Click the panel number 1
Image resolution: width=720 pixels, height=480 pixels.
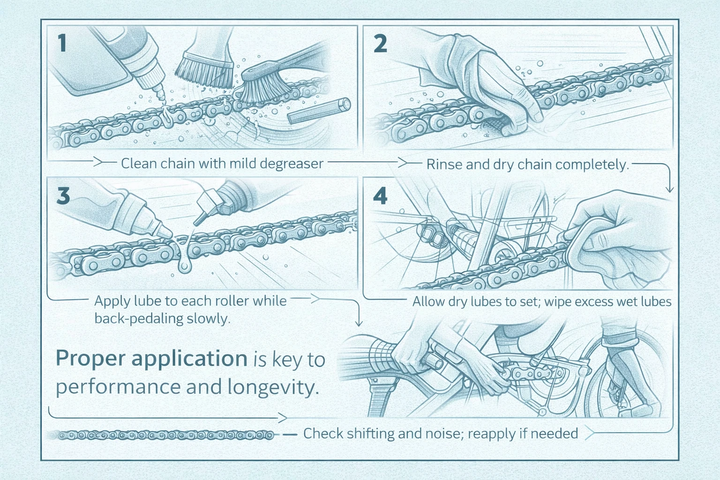point(61,44)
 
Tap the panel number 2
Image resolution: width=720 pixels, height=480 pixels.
point(380,44)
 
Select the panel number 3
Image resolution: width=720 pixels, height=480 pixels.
point(63,195)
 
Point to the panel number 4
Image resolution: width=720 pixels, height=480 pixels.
point(380,195)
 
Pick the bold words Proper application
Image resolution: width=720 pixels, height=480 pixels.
point(151,359)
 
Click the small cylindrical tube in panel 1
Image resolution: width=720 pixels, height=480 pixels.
point(319,110)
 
